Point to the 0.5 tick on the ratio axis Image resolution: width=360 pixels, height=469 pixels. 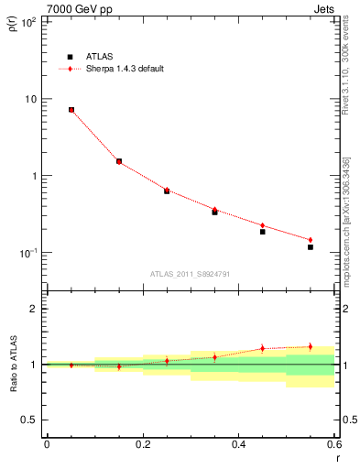[29, 420]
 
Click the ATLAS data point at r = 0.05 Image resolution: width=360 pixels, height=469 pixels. [71, 110]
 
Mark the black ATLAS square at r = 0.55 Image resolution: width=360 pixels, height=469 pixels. [310, 247]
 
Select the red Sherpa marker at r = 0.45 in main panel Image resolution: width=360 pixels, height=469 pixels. [262, 225]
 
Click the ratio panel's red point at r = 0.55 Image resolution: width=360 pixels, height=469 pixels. [310, 346]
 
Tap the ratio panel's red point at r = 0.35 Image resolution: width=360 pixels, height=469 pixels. [214, 357]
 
